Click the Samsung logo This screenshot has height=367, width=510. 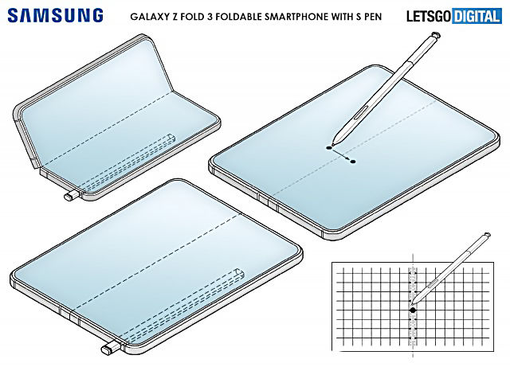[x=55, y=16]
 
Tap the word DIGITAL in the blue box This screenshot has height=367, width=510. [x=477, y=16]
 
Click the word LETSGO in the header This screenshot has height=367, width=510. [x=429, y=16]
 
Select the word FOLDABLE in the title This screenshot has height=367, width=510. [x=238, y=16]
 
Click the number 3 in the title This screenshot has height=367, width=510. [x=209, y=16]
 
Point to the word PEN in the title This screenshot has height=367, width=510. [x=373, y=16]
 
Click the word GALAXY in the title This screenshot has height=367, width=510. [x=147, y=16]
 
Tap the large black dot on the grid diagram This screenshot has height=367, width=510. [x=413, y=310]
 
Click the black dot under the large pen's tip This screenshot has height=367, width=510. [x=329, y=148]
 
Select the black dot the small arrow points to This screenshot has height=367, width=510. [x=353, y=162]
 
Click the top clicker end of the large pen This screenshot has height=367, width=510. [x=435, y=35]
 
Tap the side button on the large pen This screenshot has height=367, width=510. [x=359, y=113]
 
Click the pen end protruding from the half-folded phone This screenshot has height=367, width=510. [x=71, y=196]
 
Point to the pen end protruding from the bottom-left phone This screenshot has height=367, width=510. [x=111, y=349]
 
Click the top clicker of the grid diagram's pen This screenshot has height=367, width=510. [x=487, y=235]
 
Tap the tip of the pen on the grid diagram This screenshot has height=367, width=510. [x=412, y=304]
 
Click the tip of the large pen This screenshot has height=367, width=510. [x=332, y=144]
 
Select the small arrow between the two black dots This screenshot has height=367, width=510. [x=341, y=154]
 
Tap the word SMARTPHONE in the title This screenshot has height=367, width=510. [x=296, y=16]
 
